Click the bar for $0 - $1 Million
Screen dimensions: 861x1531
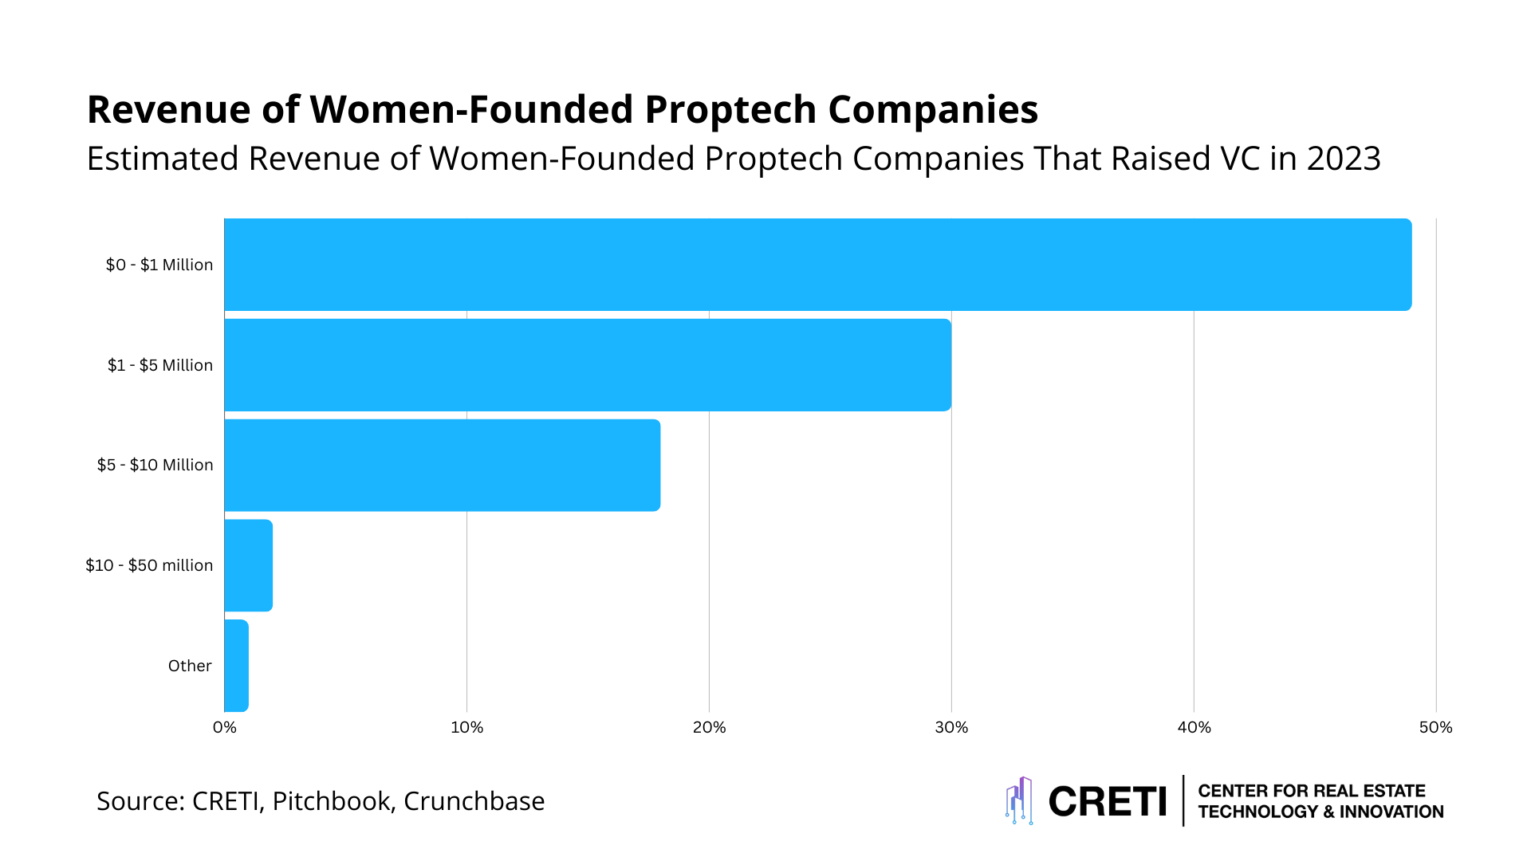tap(817, 265)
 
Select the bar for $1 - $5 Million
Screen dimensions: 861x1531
tap(588, 365)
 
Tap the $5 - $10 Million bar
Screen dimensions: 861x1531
tap(443, 466)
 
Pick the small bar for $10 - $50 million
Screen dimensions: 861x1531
tap(249, 565)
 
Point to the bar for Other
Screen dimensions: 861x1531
tap(237, 666)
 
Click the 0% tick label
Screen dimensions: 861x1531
tap(225, 727)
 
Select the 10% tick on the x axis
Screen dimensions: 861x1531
tap(467, 727)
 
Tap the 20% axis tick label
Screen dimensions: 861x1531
tap(709, 727)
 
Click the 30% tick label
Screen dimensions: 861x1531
tap(951, 727)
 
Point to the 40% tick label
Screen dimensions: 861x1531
tap(1194, 727)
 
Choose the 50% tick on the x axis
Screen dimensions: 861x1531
tap(1435, 727)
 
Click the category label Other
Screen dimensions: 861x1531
tap(190, 666)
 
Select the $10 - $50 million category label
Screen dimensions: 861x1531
tap(149, 565)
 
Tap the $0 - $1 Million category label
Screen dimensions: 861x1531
tap(159, 265)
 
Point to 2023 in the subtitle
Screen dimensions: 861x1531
tap(1343, 159)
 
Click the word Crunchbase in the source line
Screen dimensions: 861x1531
tap(474, 800)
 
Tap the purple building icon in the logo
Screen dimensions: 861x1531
tap(1019, 800)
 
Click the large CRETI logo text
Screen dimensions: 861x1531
tap(1108, 801)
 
